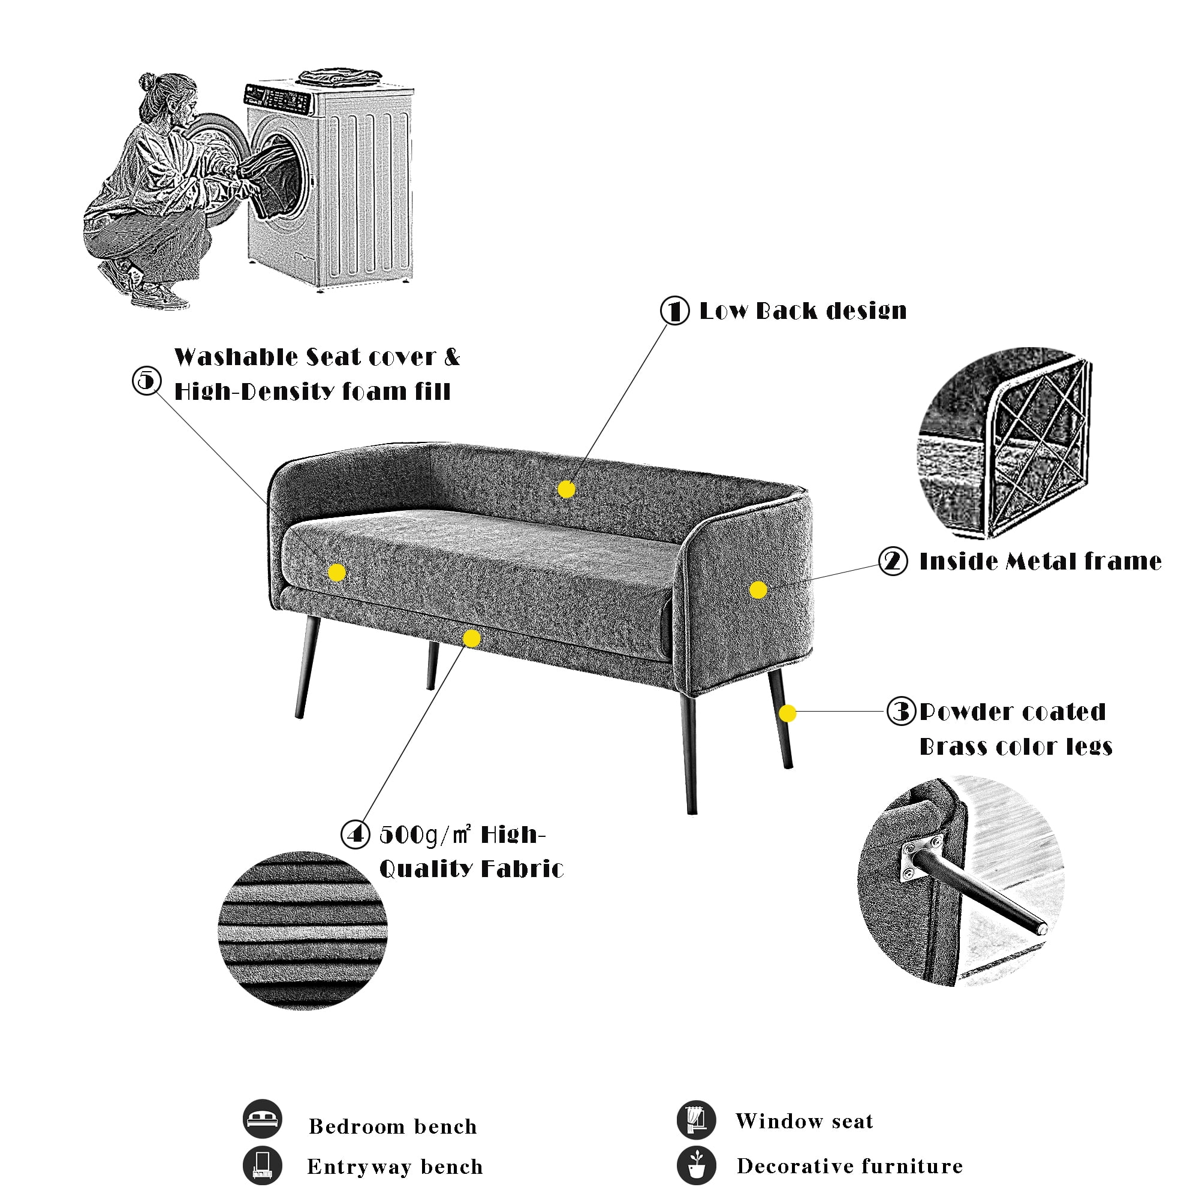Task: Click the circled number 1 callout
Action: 674,311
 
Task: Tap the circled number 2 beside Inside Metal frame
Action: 893,561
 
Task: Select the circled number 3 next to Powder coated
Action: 901,711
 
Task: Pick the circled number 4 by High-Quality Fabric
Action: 356,834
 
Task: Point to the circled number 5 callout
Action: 147,380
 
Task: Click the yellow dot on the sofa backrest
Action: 566,490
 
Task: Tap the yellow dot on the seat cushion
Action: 336,572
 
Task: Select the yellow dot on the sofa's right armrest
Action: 758,589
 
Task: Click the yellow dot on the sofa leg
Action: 787,713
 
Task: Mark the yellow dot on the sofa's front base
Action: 472,638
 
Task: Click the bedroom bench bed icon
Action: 263,1119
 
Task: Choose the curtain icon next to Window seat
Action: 696,1119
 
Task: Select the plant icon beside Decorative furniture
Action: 696,1165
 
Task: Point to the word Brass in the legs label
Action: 950,746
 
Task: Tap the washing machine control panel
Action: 278,99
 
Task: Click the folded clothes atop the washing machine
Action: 339,77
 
